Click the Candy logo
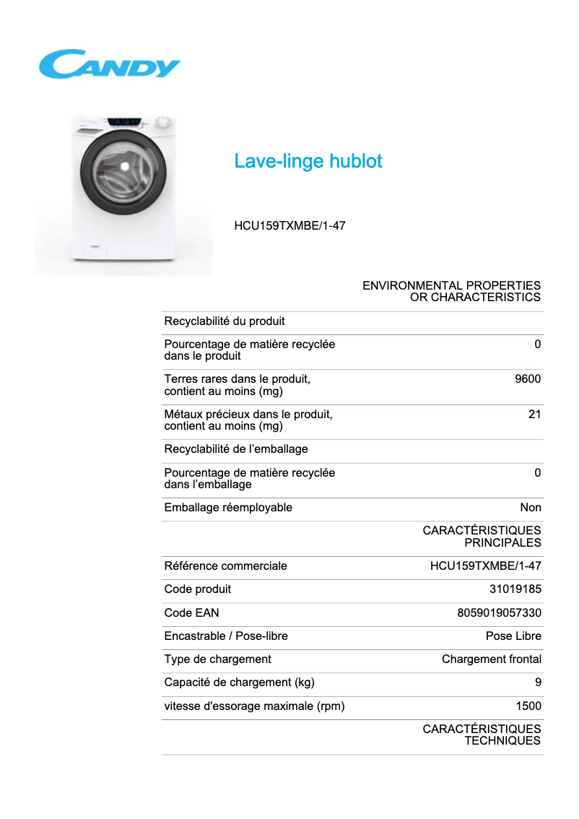tap(109, 64)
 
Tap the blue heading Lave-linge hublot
tap(308, 161)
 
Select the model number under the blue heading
tap(289, 226)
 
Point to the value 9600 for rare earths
tap(527, 379)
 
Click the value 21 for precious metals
tap(534, 415)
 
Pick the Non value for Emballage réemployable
tap(531, 508)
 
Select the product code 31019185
tap(515, 589)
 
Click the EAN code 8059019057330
tap(500, 613)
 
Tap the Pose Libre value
tap(513, 636)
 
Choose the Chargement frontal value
tap(492, 659)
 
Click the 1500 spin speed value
tap(528, 706)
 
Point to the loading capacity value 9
tap(538, 682)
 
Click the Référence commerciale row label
tap(225, 566)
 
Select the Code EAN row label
tap(191, 613)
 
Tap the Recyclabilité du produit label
tap(225, 321)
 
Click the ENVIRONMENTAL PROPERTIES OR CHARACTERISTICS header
tap(451, 292)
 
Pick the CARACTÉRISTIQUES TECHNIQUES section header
tap(482, 735)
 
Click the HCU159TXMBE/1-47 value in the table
tap(485, 566)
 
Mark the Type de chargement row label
tap(217, 659)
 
